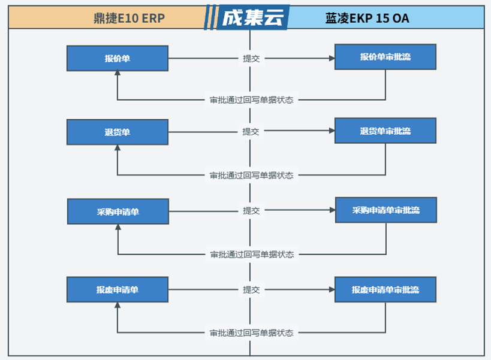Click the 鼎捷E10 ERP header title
(129, 18)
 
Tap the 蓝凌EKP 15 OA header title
(367, 18)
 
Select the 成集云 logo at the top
(253, 17)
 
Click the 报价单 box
(118, 59)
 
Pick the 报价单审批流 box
(385, 57)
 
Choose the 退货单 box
(118, 132)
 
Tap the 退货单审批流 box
(385, 131)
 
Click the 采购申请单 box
(118, 211)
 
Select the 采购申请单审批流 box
(386, 210)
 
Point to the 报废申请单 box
(118, 290)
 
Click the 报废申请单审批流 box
(385, 290)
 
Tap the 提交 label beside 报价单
(251, 59)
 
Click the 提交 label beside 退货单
(251, 131)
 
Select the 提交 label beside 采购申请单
(251, 210)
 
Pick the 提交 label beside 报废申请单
(251, 290)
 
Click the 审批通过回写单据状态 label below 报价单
(251, 100)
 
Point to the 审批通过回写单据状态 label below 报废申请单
(251, 333)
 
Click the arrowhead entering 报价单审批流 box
(332, 58)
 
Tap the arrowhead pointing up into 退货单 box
(118, 147)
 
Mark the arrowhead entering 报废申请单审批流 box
(332, 290)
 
